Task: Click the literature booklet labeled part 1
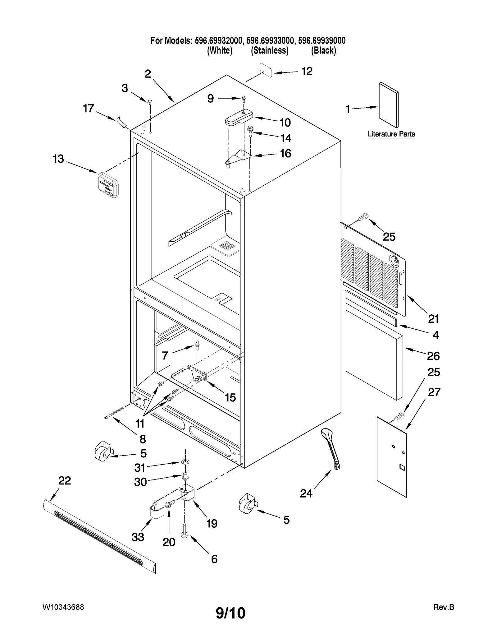coord(388,105)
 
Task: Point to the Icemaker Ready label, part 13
coord(108,185)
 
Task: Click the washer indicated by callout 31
coord(185,463)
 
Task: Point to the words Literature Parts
coord(391,134)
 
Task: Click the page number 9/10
coord(230,613)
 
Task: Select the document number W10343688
coord(63,607)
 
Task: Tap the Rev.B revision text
coord(444,607)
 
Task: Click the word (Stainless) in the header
coord(270,50)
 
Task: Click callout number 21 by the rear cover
coord(433,319)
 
